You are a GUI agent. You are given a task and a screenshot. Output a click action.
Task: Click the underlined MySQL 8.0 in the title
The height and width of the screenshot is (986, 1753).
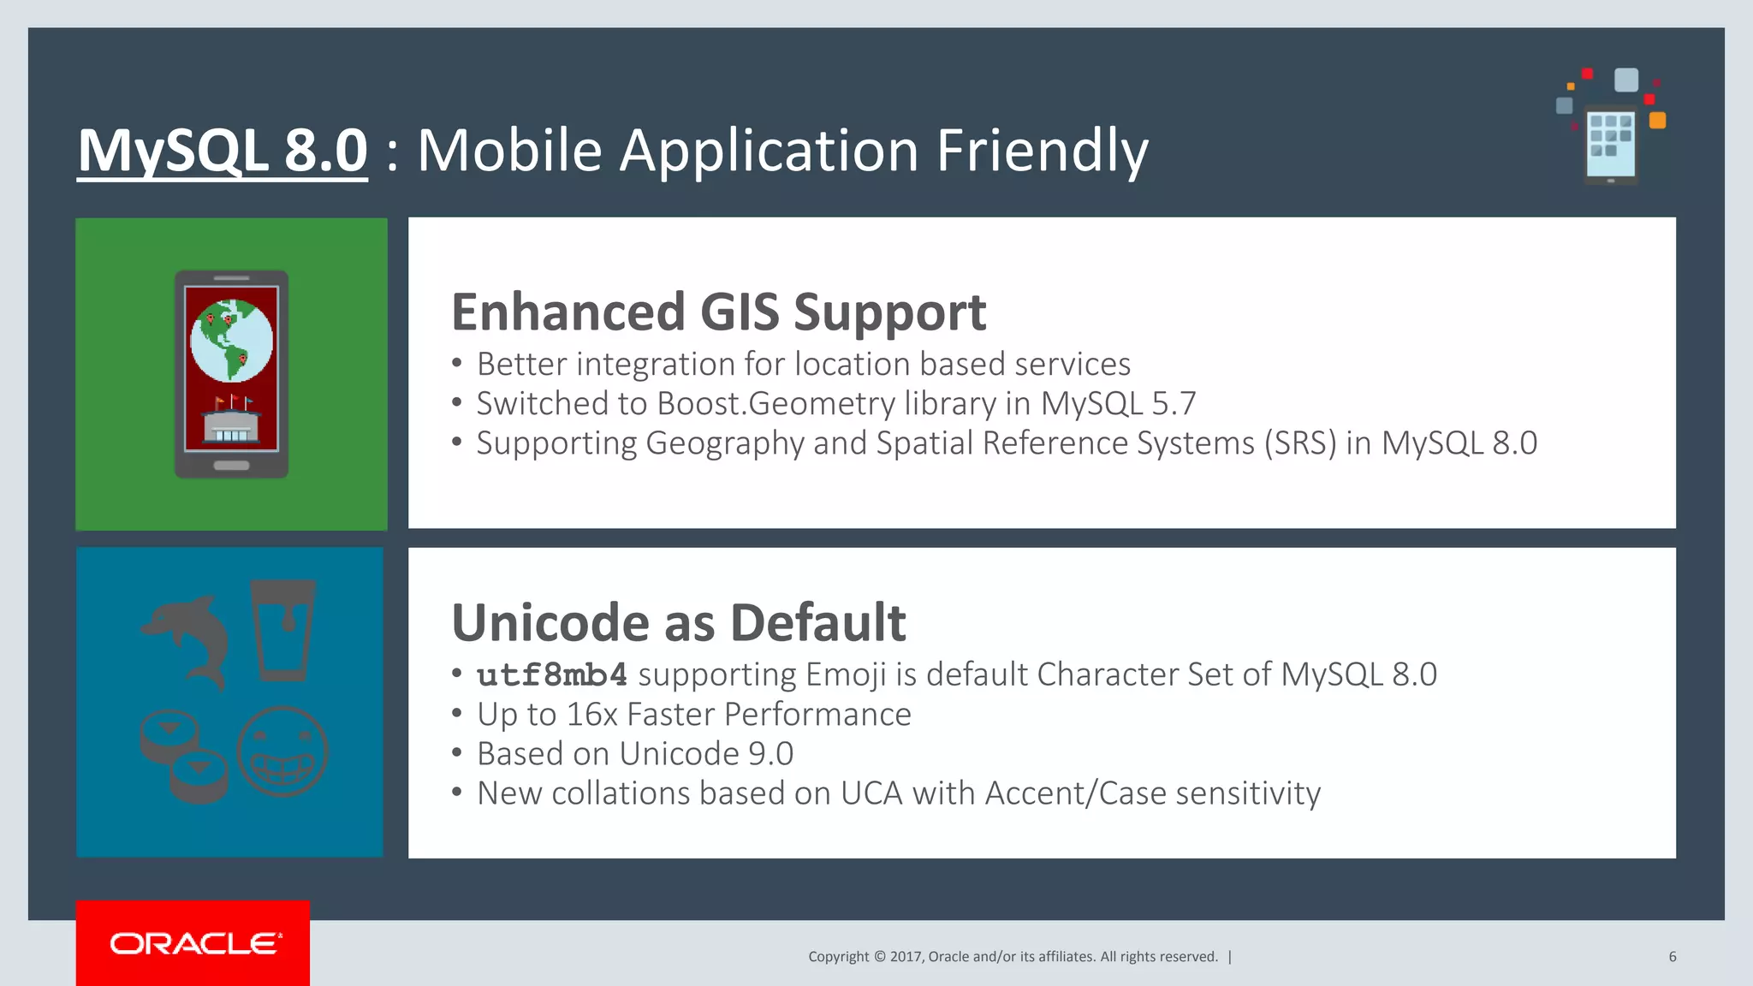223,151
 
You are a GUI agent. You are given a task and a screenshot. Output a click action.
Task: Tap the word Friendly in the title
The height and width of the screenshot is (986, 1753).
1042,151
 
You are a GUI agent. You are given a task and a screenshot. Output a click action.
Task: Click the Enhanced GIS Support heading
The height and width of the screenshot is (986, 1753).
718,312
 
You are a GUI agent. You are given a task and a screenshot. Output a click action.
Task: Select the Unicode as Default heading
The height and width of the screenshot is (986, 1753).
678,622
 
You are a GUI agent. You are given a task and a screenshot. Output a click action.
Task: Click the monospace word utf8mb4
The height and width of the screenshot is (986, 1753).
552,675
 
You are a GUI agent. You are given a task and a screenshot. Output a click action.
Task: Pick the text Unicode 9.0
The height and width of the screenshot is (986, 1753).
706,754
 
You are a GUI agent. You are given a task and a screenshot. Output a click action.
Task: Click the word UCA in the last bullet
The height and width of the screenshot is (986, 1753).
871,793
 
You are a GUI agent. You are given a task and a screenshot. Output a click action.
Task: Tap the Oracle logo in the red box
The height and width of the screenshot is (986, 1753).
194,943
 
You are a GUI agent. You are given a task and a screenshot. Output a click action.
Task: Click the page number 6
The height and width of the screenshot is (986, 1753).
1672,957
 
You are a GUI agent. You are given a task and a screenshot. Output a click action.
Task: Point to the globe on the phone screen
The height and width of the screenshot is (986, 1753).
231,341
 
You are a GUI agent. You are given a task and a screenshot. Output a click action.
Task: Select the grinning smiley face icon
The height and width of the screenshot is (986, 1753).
282,751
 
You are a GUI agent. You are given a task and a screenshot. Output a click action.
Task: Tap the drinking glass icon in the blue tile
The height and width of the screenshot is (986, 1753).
283,630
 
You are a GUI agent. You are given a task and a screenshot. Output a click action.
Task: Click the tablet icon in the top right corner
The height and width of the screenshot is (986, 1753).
1610,142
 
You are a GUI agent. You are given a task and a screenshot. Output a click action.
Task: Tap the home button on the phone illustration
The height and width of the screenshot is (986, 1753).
231,466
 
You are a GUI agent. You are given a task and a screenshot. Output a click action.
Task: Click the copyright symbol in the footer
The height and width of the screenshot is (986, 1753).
879,957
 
